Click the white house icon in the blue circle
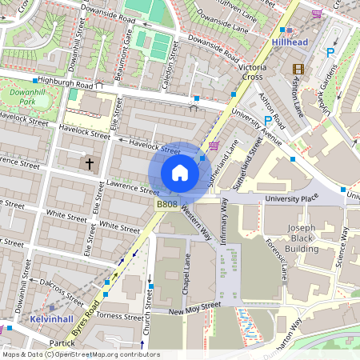pyautogui.click(x=180, y=173)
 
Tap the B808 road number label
pyautogui.click(x=166, y=205)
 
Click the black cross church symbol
pyautogui.click(x=89, y=164)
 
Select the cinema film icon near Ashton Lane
pyautogui.click(x=298, y=70)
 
